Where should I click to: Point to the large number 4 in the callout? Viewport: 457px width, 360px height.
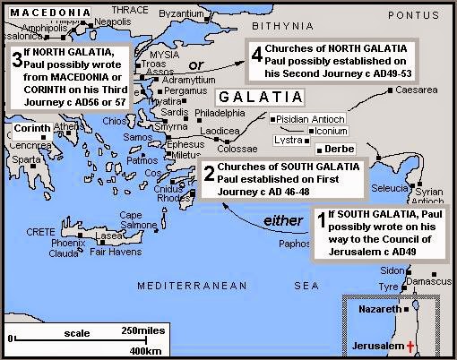(257, 54)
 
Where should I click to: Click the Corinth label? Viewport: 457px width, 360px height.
(33, 129)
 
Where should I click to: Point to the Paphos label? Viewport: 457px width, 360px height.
(294, 242)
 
